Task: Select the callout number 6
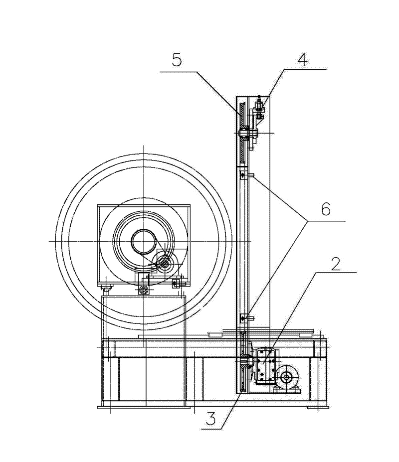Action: [325, 209]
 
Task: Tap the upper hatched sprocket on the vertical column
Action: [241, 132]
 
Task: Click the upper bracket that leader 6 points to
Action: [244, 175]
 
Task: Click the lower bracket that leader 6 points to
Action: [244, 317]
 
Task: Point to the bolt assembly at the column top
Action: [259, 110]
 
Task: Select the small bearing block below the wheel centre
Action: [143, 289]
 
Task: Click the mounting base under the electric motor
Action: [286, 390]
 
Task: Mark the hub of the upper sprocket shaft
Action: [244, 133]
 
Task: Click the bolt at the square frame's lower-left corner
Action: [106, 287]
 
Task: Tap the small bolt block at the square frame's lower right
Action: [176, 284]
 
